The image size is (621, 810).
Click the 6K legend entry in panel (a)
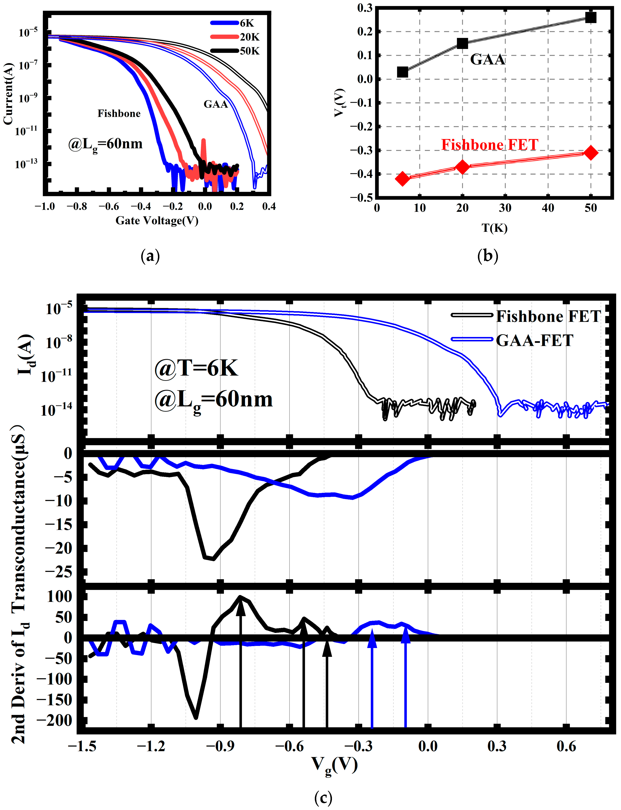233,23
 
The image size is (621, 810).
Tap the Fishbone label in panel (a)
119,113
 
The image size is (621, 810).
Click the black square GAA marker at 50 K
590,17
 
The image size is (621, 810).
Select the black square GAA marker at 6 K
402,72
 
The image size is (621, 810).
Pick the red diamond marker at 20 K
462,167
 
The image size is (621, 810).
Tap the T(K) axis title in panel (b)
494,228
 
